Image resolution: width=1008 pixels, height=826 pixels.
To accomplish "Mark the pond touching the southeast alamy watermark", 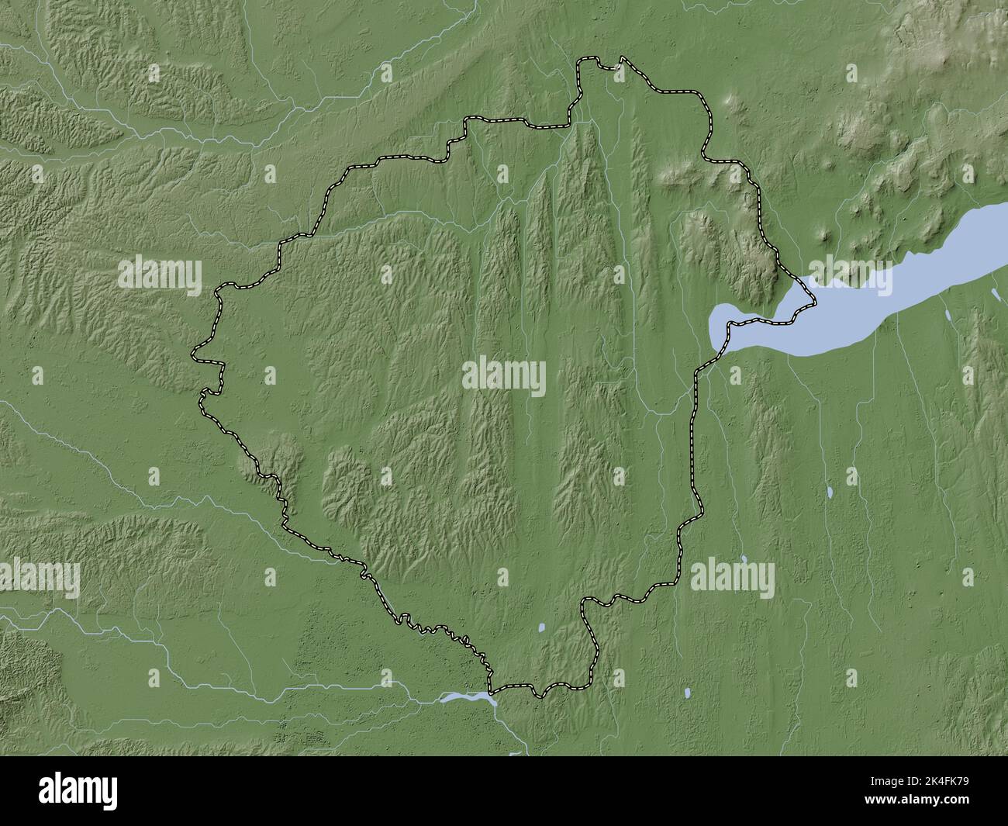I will pos(744,558).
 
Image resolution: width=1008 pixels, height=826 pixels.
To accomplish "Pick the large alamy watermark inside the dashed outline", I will pos(504,378).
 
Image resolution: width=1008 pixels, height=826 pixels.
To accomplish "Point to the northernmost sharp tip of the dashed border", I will pos(622,57).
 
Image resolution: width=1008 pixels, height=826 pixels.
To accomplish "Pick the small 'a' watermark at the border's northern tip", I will pos(617,73).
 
